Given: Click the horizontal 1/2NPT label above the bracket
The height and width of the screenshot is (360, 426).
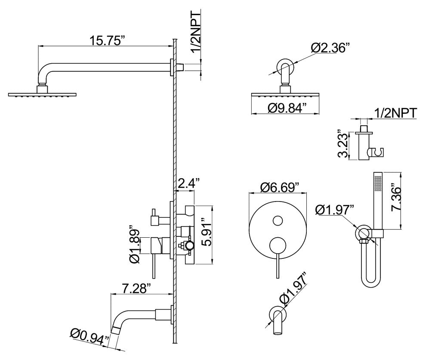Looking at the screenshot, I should click(x=395, y=113).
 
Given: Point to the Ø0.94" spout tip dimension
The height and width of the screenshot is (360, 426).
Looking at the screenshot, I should click(x=89, y=336).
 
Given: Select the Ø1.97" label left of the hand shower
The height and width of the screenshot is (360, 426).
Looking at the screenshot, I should click(x=334, y=209).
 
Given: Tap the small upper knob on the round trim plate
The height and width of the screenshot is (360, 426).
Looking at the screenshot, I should click(x=278, y=221).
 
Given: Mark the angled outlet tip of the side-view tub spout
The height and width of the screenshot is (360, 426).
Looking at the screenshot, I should click(x=115, y=330).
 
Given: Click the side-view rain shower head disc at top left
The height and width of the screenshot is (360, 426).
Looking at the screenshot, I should click(x=42, y=94).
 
